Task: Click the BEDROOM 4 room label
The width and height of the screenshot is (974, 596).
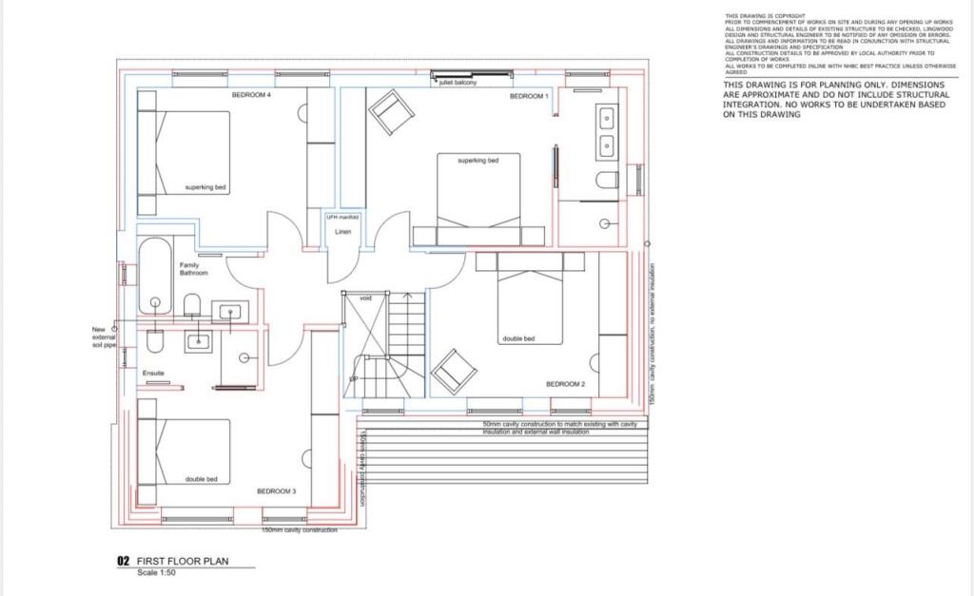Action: click(252, 96)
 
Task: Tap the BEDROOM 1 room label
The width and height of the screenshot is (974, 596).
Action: click(529, 96)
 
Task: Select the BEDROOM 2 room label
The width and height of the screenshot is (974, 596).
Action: click(565, 384)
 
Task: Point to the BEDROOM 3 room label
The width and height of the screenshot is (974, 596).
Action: click(277, 491)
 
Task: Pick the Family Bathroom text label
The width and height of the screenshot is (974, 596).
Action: click(189, 269)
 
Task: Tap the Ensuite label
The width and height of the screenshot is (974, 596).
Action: click(154, 374)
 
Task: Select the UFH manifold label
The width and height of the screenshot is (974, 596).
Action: click(343, 218)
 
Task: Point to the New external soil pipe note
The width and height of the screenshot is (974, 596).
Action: click(103, 337)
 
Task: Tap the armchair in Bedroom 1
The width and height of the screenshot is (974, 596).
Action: click(390, 111)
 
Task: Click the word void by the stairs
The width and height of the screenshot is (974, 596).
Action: click(365, 298)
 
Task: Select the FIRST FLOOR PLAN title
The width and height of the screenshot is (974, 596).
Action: click(183, 562)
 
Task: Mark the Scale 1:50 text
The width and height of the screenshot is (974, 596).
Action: click(158, 572)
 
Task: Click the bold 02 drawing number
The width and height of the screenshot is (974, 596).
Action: click(123, 562)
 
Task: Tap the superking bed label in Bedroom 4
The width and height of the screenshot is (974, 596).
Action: click(205, 187)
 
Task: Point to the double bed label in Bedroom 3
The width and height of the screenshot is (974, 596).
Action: click(200, 479)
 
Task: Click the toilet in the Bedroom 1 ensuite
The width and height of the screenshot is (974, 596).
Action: click(607, 181)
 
